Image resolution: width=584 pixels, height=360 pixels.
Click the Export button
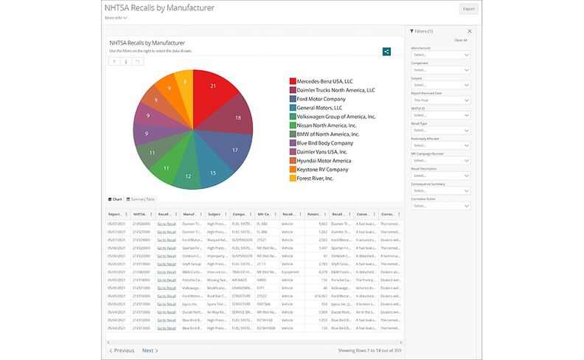[467, 10]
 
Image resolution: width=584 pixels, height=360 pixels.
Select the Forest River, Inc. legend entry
[314, 178]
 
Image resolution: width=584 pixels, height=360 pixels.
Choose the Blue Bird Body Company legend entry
[324, 143]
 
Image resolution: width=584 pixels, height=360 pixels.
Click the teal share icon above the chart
[386, 52]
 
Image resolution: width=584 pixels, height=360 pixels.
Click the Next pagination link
[150, 350]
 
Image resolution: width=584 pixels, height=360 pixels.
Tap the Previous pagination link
[122, 350]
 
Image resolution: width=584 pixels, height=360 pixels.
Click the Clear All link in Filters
[460, 40]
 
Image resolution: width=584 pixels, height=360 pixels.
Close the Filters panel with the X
[470, 31]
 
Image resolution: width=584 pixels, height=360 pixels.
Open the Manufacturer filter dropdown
[441, 55]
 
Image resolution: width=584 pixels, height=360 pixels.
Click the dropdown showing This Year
[441, 100]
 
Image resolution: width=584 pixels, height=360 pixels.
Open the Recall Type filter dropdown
[441, 130]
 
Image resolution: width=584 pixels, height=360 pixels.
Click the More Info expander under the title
[116, 18]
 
